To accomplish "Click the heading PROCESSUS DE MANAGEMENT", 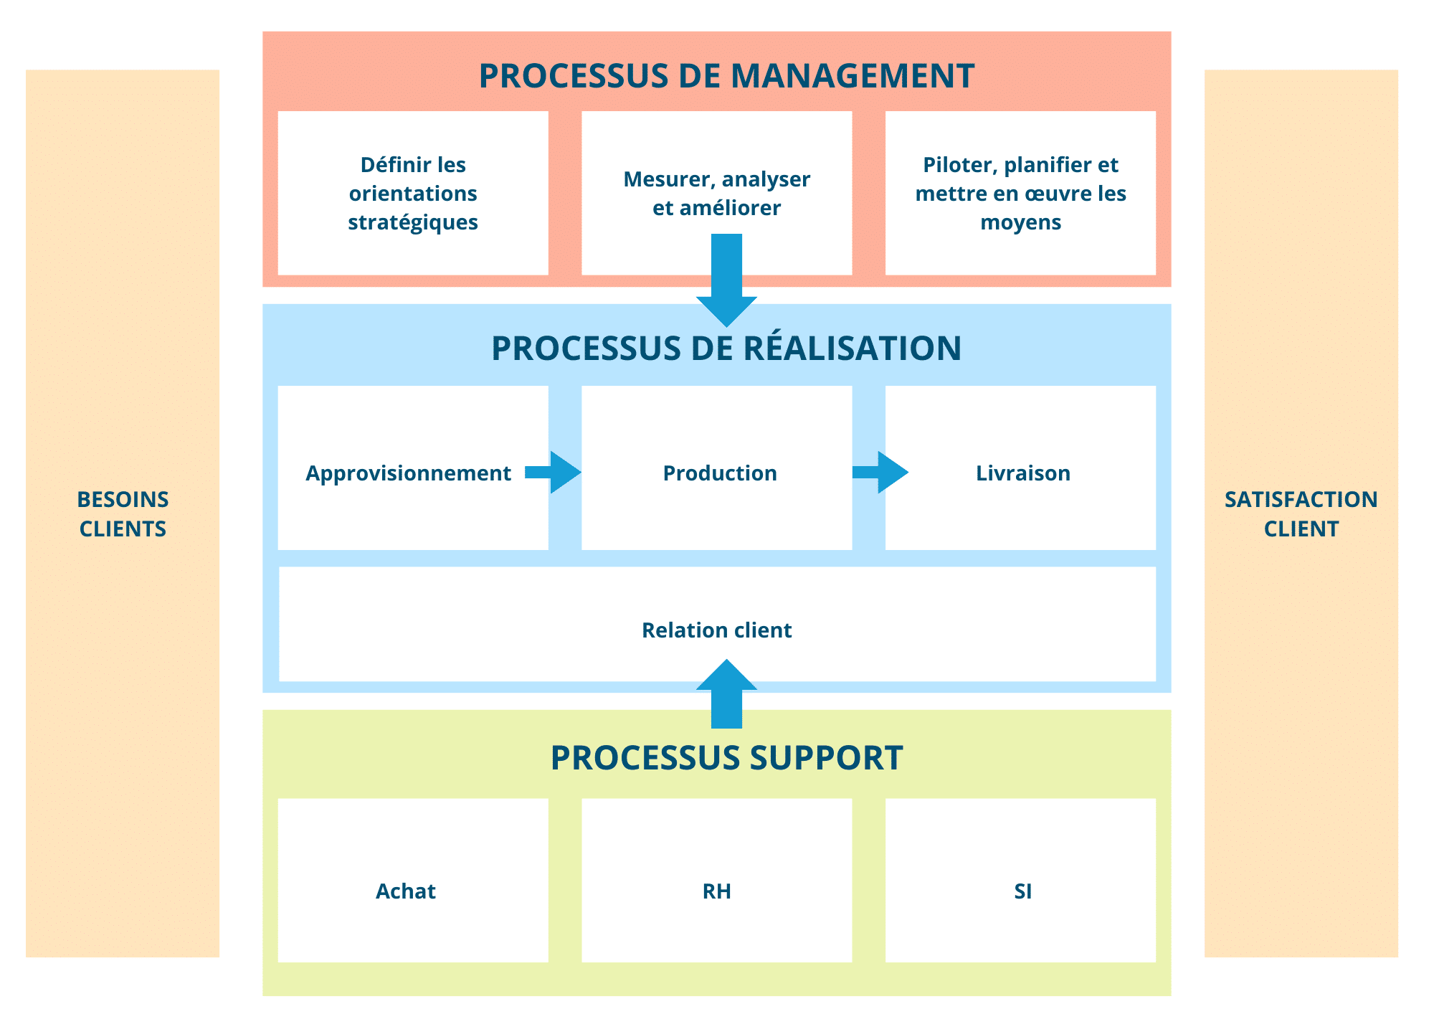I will point(726,76).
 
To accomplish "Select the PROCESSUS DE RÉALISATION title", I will point(726,349).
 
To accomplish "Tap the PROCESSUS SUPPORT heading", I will point(726,758).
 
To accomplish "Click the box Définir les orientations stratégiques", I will point(413,194).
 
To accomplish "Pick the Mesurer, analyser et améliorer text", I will point(716,193).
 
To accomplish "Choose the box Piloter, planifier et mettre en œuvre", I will point(1020,194).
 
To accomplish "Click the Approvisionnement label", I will point(408,473).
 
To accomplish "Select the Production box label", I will point(720,473).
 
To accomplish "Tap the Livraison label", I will point(1022,473).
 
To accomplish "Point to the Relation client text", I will point(716,630).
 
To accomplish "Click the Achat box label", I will point(405,891).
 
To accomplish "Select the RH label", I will point(716,891).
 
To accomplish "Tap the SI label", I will point(1022,891).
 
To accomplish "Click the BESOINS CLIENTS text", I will point(123,513).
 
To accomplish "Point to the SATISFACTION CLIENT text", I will point(1301,513).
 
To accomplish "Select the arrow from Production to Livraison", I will point(880,472).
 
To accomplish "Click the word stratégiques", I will point(413,222).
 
